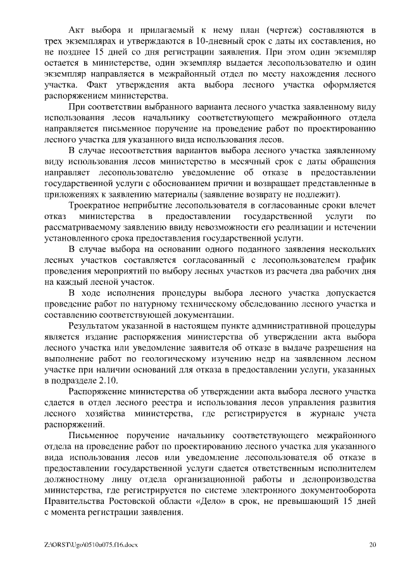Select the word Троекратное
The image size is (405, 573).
pyautogui.click(x=96, y=206)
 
